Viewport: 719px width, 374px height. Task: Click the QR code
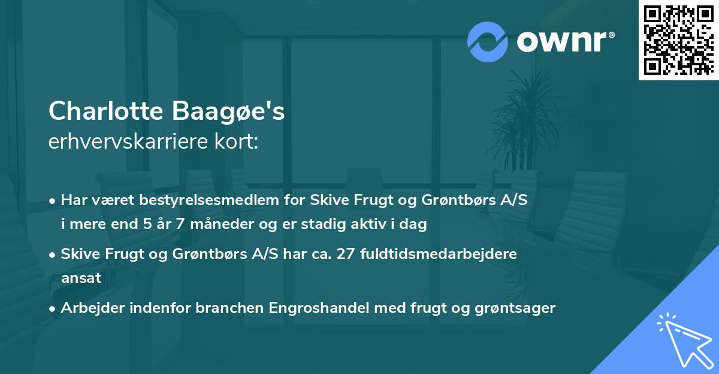(x=678, y=40)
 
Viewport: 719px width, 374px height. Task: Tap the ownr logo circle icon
(x=488, y=41)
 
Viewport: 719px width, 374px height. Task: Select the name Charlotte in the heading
(x=105, y=111)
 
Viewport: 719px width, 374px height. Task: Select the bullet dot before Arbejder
(x=53, y=309)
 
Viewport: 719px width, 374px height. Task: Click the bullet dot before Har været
(x=53, y=201)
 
